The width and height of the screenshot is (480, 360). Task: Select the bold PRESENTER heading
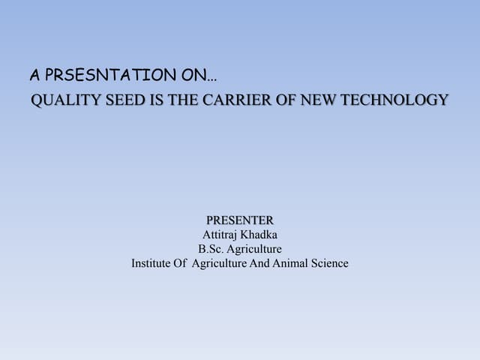(x=240, y=220)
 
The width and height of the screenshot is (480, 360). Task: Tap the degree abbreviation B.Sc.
(x=212, y=249)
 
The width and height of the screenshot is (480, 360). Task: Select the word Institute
(x=151, y=263)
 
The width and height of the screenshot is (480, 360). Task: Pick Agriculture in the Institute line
(x=220, y=263)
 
